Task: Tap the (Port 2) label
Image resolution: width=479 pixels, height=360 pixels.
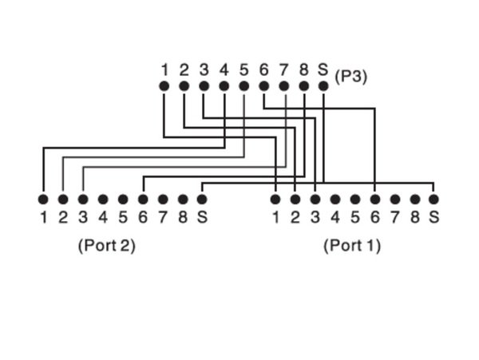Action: [106, 245]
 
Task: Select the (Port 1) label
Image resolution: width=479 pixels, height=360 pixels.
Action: [352, 245]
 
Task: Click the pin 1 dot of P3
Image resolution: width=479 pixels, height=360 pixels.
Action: [164, 86]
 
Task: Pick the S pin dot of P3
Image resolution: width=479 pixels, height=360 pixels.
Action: [323, 86]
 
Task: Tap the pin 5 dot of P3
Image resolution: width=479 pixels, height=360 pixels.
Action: [243, 86]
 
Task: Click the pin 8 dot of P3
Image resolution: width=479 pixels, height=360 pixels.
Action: [303, 86]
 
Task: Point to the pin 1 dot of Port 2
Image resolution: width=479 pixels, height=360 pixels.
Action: [43, 199]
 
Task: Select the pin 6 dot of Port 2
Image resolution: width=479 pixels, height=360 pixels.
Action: [143, 199]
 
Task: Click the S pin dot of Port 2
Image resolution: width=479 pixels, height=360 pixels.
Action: [203, 199]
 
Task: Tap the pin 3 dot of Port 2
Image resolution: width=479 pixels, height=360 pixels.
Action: [83, 199]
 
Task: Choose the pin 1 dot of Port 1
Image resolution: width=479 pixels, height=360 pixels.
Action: [275, 199]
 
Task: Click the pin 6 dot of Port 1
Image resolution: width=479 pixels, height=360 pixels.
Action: [374, 199]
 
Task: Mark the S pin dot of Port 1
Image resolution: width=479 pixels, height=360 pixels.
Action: [433, 199]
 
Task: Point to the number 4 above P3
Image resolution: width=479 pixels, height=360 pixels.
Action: [224, 69]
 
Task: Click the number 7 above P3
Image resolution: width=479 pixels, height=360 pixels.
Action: [283, 69]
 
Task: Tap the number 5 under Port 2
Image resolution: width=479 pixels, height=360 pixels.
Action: [123, 216]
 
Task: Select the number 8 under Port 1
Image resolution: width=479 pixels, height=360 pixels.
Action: [414, 216]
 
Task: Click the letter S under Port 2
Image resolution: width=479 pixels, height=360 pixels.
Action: [203, 216]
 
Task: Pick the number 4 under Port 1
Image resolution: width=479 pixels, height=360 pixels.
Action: [335, 216]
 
